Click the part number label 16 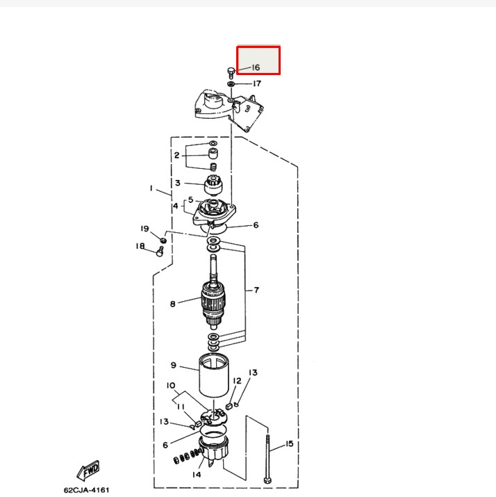point(256,67)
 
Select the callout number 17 point(256,83)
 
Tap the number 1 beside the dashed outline point(150,188)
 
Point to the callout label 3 point(177,184)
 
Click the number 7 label point(256,289)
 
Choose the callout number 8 point(173,304)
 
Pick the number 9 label point(174,365)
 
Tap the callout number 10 point(170,385)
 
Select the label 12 point(237,380)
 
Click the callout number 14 point(197,475)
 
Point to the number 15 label point(289,443)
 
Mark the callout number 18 point(140,246)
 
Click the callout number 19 point(144,229)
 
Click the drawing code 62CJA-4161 point(88,489)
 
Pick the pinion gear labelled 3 point(213,186)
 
